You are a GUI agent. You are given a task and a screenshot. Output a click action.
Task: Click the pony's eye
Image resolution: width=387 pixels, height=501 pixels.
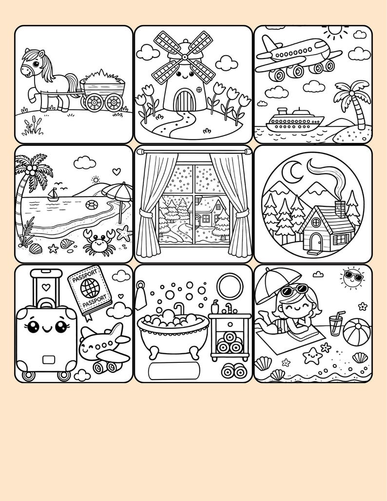(36, 64)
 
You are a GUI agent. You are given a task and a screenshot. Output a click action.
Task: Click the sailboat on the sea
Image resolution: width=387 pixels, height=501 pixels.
(53, 195)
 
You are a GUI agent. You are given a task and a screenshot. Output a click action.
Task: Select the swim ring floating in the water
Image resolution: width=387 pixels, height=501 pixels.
(92, 204)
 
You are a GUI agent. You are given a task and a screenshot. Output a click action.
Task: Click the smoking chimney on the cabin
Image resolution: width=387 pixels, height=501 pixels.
(340, 208)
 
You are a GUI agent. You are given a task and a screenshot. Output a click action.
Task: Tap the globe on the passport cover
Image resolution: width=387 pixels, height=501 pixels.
(90, 288)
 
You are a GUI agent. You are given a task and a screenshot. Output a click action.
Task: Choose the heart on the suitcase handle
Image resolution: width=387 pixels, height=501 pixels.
(46, 287)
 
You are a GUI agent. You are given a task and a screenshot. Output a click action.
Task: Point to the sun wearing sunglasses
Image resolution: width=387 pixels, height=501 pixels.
(353, 278)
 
